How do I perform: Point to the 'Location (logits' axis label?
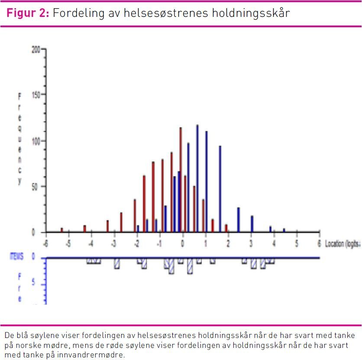(343, 244)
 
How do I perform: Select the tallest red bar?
(181, 180)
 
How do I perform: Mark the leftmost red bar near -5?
(61, 230)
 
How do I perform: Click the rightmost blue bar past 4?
(284, 230)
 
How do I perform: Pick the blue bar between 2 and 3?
(238, 220)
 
